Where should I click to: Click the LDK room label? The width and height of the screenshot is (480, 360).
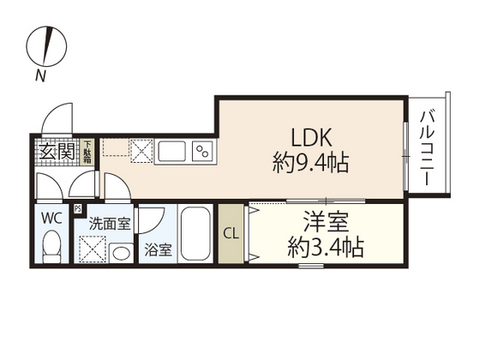coord(309,137)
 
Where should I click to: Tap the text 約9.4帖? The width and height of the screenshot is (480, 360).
coord(309,163)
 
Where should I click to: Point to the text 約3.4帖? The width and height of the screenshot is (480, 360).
coord(323,249)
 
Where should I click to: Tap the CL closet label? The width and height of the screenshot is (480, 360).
coord(230,233)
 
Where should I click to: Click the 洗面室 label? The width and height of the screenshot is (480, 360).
coord(111,223)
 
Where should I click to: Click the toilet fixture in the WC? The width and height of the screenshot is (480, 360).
coord(51,249)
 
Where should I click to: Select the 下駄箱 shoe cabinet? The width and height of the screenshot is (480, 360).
coord(87,152)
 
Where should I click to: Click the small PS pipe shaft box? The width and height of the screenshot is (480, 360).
coord(78,207)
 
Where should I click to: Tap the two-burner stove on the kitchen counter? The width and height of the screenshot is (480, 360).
coord(203,151)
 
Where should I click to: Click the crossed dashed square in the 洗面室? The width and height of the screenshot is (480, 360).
coord(92,249)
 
